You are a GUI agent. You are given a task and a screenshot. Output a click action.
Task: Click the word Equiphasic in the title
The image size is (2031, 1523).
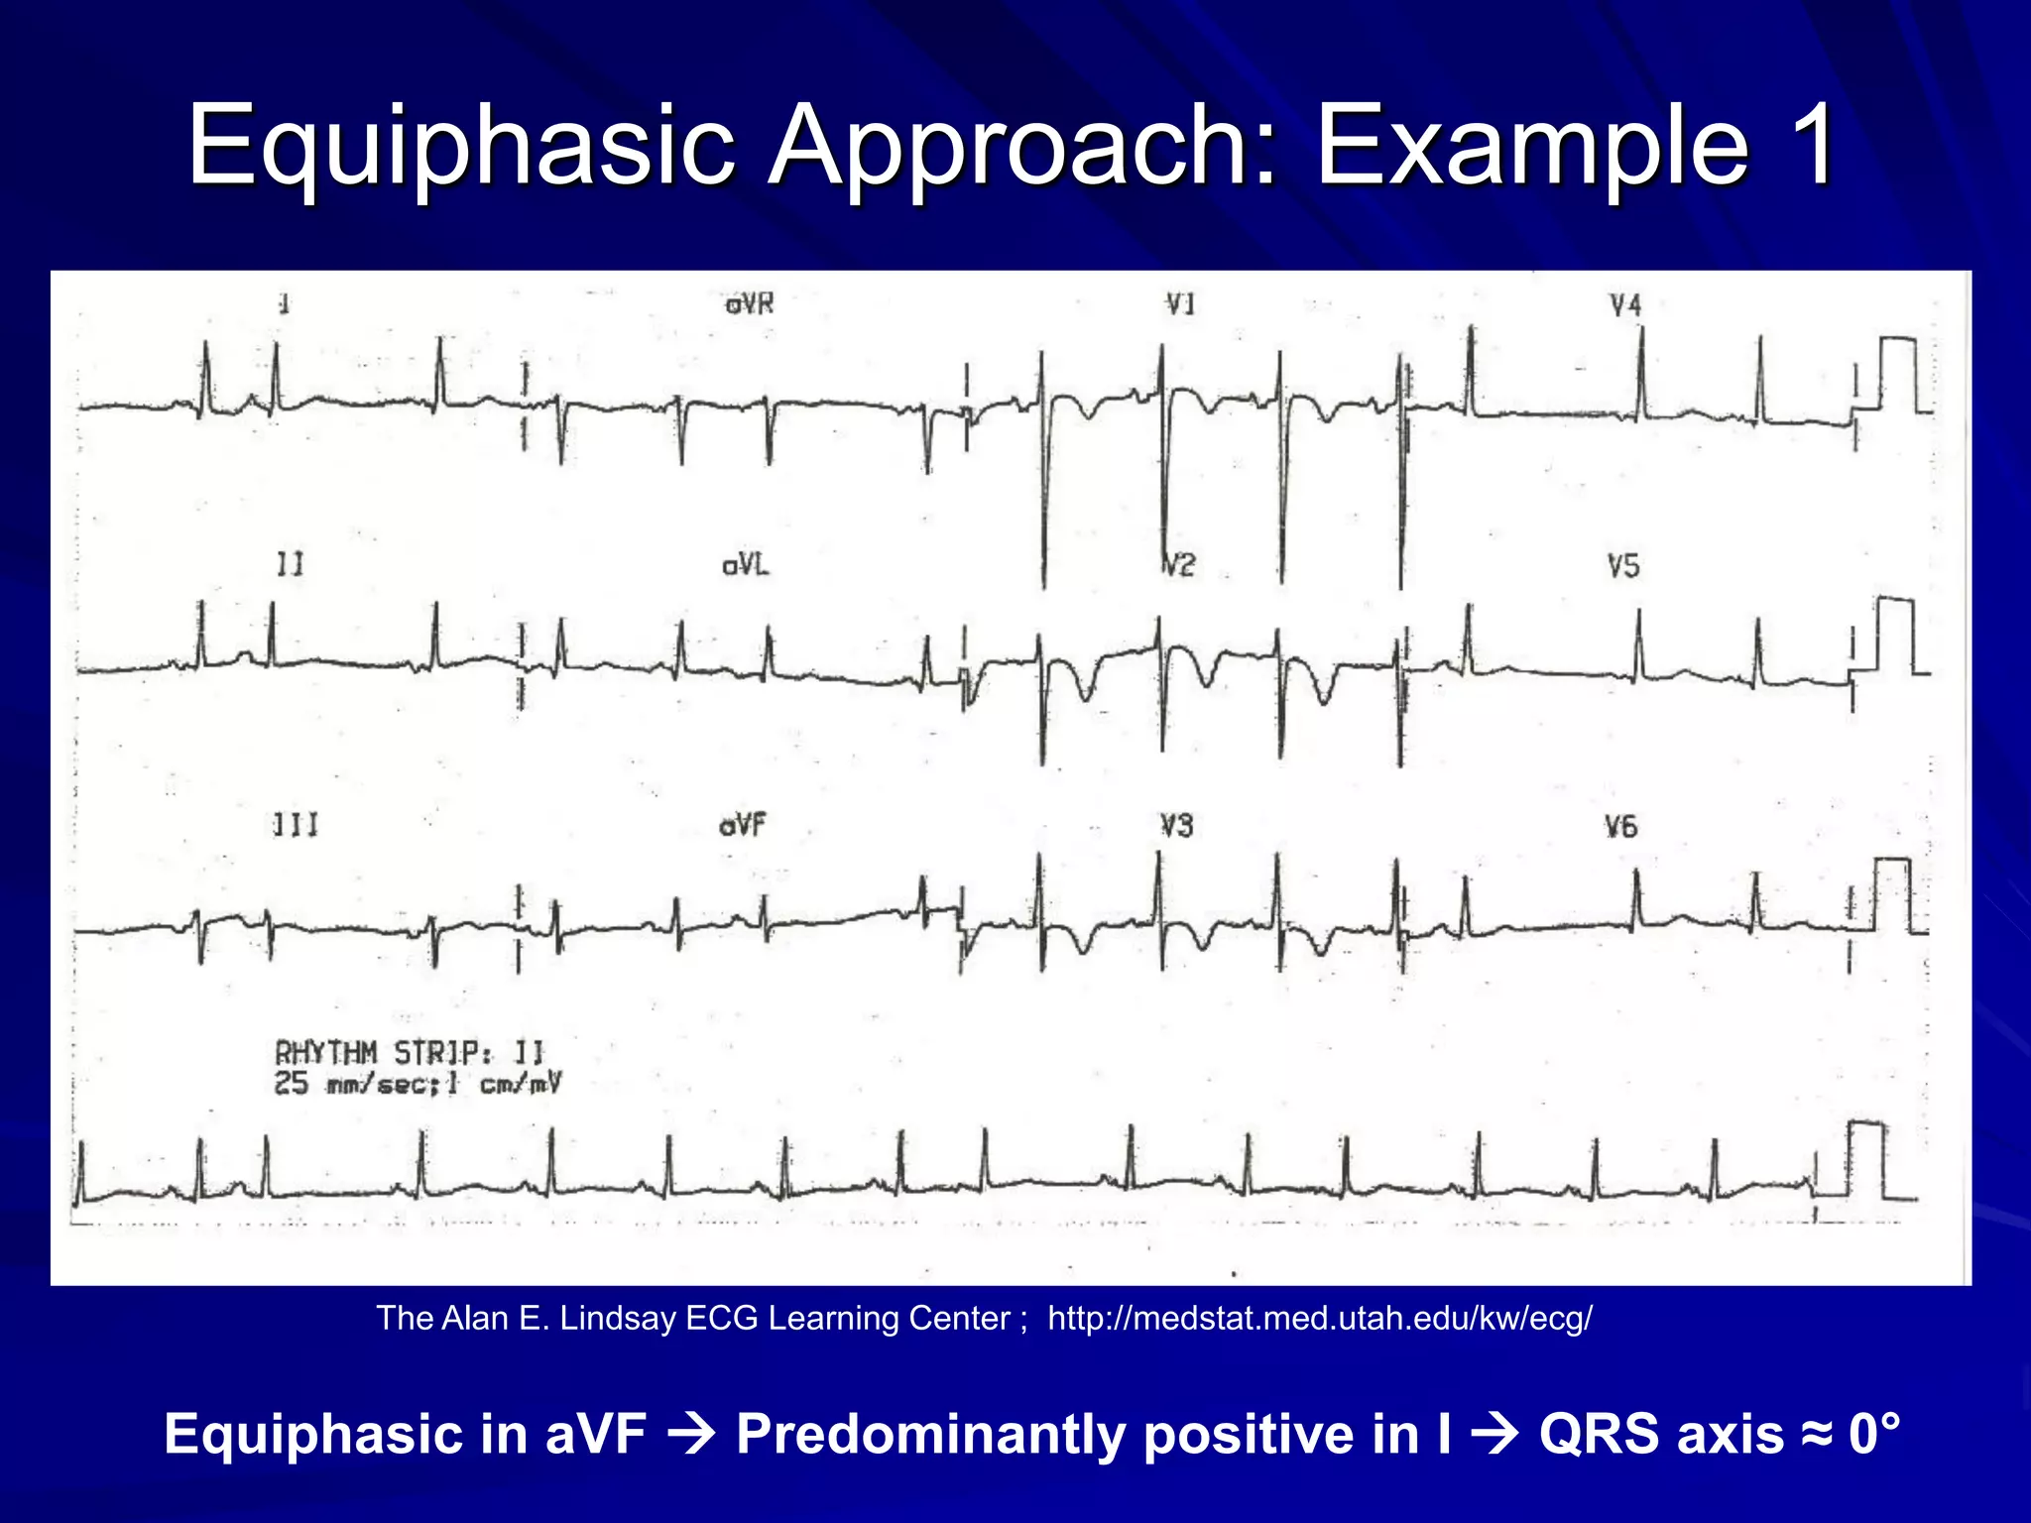[461, 147]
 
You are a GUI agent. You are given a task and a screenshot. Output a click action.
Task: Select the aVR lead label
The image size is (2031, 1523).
[749, 304]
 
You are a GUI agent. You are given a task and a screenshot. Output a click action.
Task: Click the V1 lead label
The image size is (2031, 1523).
[1180, 304]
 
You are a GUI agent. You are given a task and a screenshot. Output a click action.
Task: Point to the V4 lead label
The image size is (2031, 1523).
[1625, 305]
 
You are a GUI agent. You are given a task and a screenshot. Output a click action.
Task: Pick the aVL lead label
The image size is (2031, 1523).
[746, 565]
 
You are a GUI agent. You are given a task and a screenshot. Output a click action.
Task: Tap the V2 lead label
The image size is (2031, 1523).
[1179, 565]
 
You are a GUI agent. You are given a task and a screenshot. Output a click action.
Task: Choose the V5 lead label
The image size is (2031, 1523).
[1623, 566]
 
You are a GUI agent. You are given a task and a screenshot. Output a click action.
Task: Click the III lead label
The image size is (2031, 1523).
[296, 825]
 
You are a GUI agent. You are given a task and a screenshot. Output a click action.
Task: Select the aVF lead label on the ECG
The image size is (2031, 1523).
[743, 825]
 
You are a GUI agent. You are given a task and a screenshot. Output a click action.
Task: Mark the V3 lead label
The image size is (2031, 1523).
[1177, 826]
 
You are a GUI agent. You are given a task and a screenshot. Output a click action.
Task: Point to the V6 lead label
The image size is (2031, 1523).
[1621, 826]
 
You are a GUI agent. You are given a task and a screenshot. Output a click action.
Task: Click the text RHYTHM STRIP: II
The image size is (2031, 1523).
[410, 1052]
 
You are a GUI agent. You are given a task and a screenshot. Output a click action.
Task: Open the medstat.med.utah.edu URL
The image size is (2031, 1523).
[1320, 1318]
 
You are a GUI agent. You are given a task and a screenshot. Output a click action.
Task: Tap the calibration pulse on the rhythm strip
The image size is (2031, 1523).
[1866, 1160]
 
